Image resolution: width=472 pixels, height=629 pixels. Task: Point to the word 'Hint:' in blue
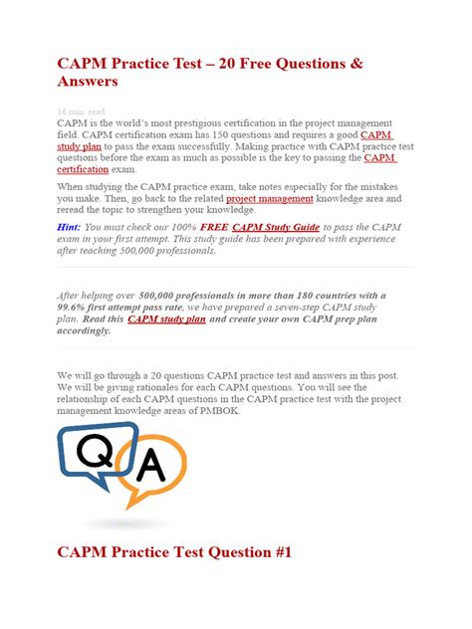(73, 226)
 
